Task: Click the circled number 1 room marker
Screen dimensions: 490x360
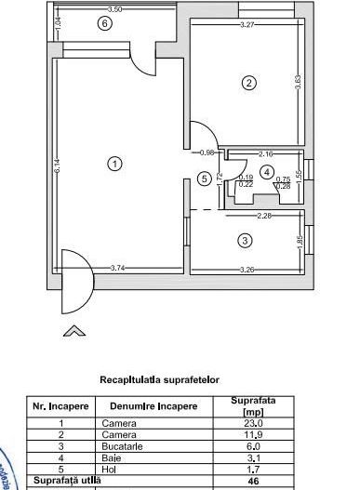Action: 114,164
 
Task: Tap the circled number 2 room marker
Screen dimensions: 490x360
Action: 248,83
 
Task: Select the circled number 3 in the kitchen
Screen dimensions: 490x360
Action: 245,240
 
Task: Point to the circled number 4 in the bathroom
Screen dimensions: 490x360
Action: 267,172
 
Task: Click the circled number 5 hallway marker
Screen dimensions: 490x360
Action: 205,179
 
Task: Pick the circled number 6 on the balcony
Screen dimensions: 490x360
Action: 104,23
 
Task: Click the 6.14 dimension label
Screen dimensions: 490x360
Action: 57,167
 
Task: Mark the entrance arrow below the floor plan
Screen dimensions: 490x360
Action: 73,330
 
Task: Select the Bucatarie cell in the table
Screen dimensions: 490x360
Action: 127,444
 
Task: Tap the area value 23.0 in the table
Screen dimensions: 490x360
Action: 247,422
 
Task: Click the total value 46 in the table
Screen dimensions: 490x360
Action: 247,478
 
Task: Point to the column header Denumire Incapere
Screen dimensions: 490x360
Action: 153,406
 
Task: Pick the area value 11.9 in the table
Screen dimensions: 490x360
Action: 247,433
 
